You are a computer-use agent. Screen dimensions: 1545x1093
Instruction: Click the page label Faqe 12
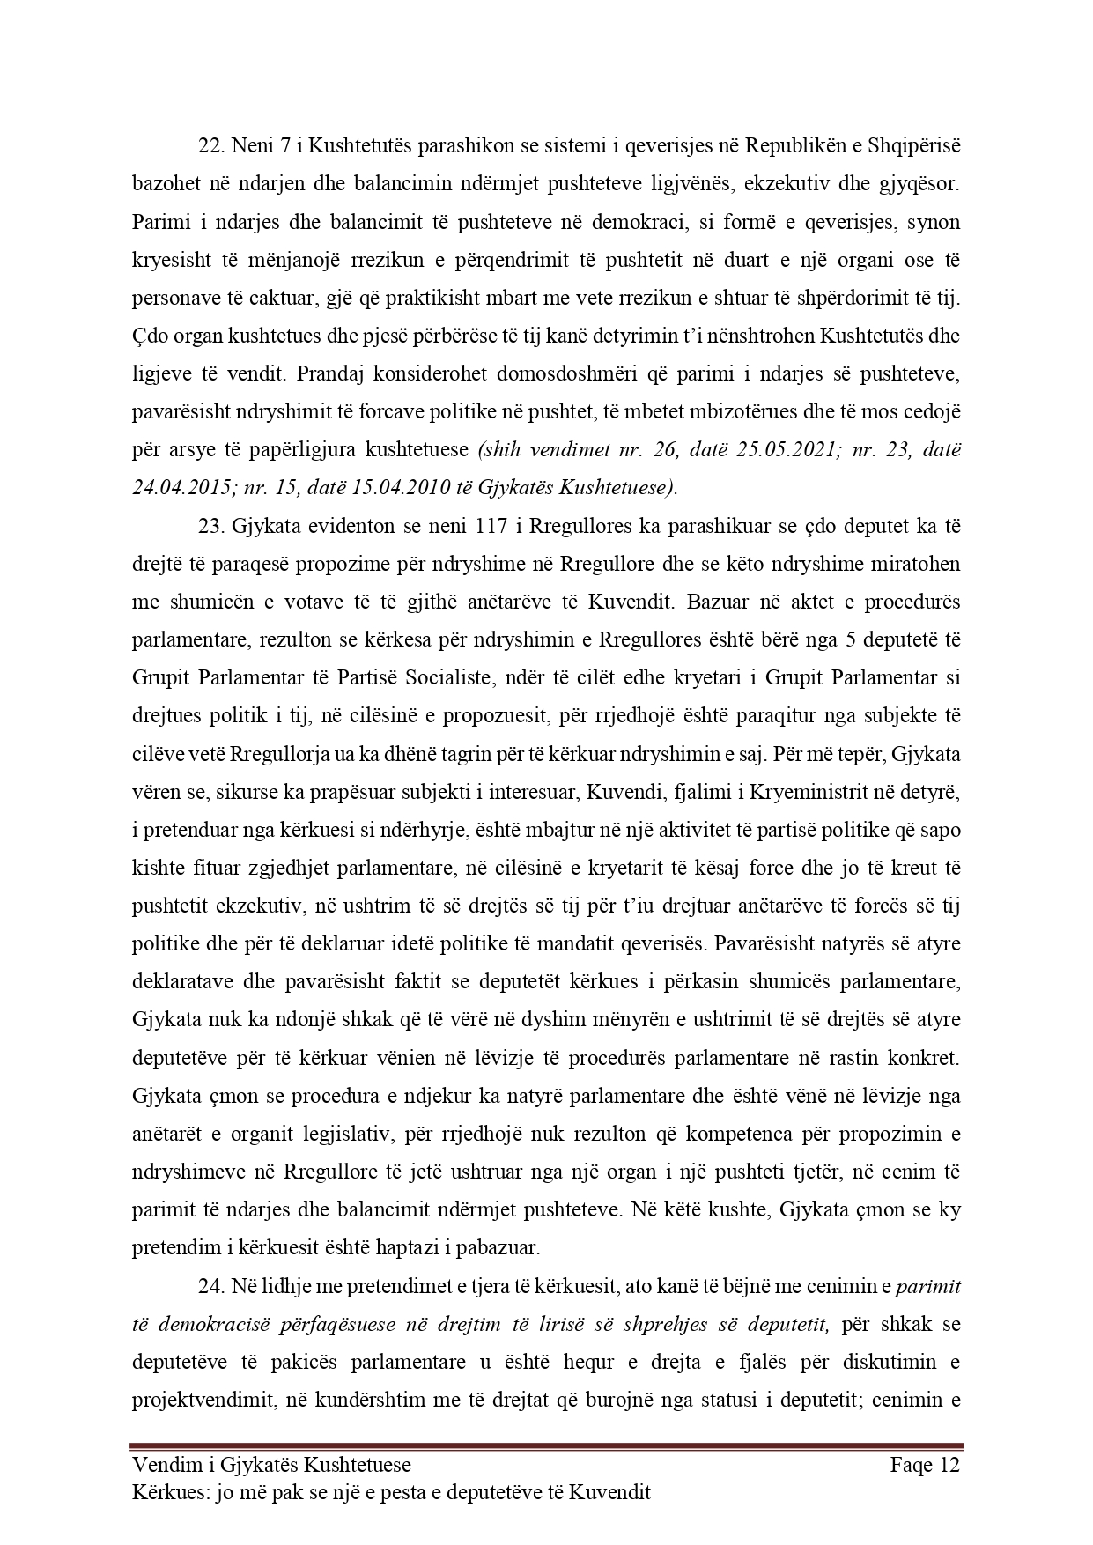click(x=924, y=1466)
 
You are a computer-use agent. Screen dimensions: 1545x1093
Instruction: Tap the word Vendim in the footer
click(x=162, y=1466)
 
